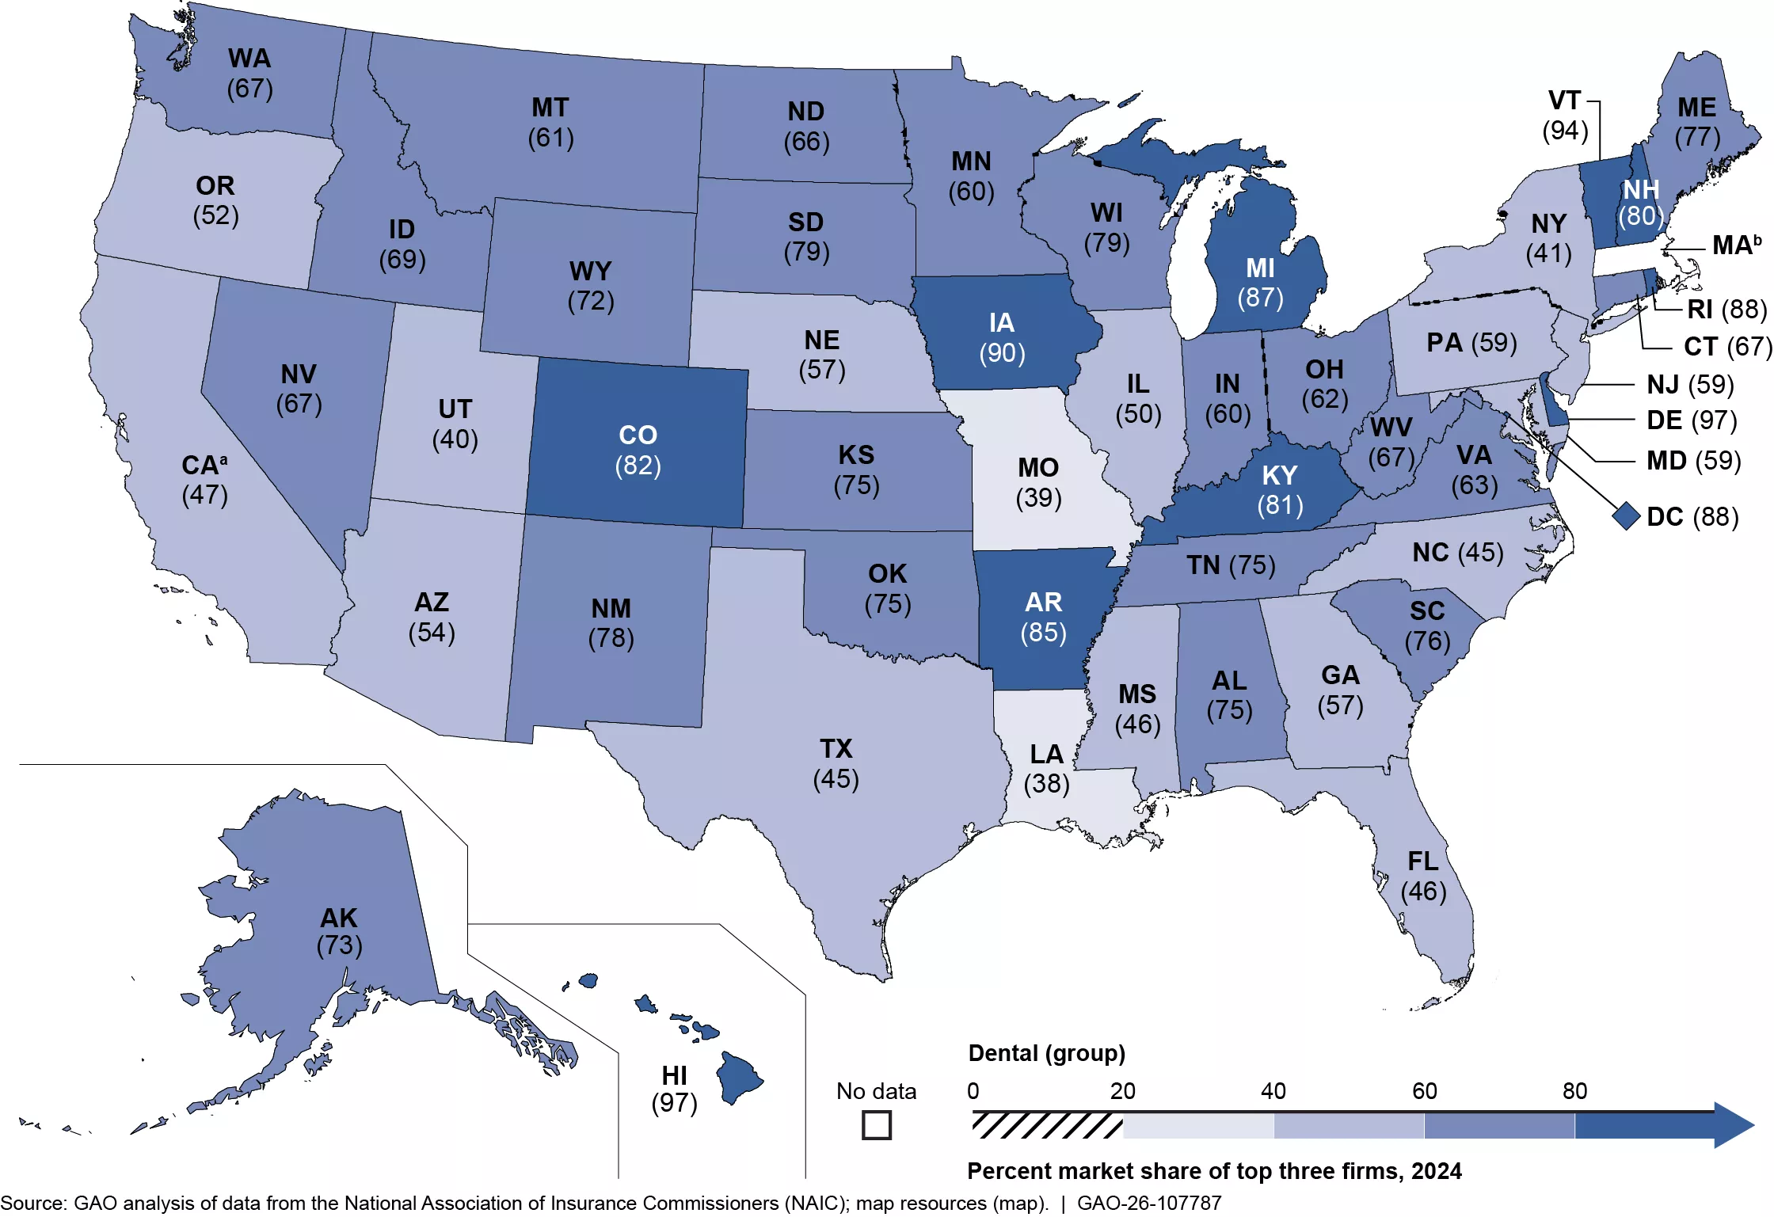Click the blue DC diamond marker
pyautogui.click(x=1626, y=516)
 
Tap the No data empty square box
pyautogui.click(x=876, y=1125)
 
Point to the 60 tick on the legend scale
pyautogui.click(x=1424, y=1092)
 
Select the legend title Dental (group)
pyautogui.click(x=1046, y=1053)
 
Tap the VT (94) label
pyautogui.click(x=1565, y=116)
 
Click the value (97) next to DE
pyautogui.click(x=1715, y=420)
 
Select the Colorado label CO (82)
pyautogui.click(x=638, y=450)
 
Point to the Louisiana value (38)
pyautogui.click(x=1046, y=784)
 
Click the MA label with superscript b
pyautogui.click(x=1737, y=245)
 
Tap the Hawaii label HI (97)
pyautogui.click(x=674, y=1089)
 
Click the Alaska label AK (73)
pyautogui.click(x=339, y=931)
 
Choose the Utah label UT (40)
pyautogui.click(x=455, y=424)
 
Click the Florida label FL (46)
pyautogui.click(x=1423, y=876)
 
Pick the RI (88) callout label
pyautogui.click(x=1726, y=309)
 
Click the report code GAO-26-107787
pyautogui.click(x=1149, y=1204)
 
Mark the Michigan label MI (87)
pyautogui.click(x=1260, y=283)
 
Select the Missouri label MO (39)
pyautogui.click(x=1038, y=482)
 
